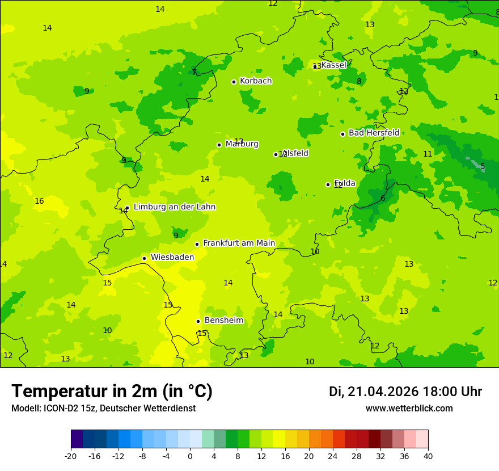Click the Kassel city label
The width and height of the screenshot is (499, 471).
tap(333, 65)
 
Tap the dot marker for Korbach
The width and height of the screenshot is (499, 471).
tap(234, 82)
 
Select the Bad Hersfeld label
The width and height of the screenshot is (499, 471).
tap(374, 133)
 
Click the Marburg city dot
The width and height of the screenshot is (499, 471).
tap(219, 145)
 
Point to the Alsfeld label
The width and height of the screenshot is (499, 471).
tap(295, 153)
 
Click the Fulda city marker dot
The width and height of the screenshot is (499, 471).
tap(328, 184)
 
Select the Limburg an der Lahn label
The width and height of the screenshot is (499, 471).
tap(174, 207)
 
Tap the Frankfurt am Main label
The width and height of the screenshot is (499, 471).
tap(239, 243)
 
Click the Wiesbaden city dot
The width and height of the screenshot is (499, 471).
tap(144, 258)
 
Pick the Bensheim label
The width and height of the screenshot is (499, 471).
tap(223, 321)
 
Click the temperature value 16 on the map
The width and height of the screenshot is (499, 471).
tap(39, 201)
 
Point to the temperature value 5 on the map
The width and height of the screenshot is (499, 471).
tap(483, 167)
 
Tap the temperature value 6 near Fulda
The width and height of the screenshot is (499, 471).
tap(383, 199)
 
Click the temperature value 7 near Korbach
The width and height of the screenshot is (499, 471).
tap(194, 72)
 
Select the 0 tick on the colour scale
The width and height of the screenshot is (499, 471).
tap(190, 456)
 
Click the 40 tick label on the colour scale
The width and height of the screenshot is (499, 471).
tap(428, 456)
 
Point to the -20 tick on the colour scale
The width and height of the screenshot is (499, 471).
tap(71, 456)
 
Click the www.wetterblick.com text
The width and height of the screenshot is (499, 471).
tap(409, 409)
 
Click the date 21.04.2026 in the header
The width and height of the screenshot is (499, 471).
tap(383, 392)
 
